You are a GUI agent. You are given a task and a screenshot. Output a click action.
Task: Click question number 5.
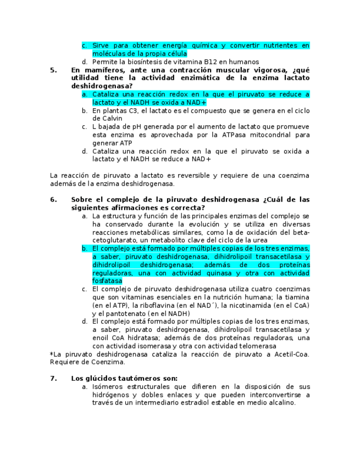point(53,70)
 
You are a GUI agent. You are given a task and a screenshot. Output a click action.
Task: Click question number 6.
point(53,199)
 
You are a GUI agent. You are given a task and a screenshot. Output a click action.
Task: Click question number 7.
point(53,378)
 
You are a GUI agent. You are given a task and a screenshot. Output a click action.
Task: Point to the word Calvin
point(104,119)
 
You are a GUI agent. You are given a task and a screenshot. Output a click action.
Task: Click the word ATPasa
point(227,135)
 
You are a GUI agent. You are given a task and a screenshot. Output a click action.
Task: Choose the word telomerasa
point(254,346)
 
